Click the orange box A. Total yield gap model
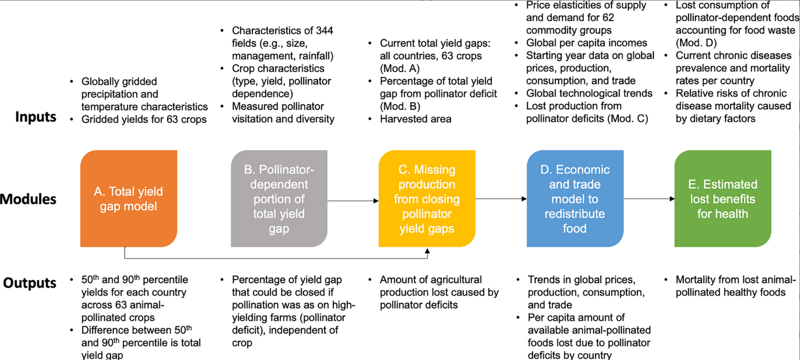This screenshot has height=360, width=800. [x=128, y=198]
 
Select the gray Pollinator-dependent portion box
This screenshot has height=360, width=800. [x=279, y=198]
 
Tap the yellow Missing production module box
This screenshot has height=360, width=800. [x=427, y=198]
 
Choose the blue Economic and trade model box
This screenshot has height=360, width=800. [x=575, y=198]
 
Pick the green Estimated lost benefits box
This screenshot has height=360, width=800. [x=723, y=198]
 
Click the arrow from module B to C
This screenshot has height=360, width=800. [x=353, y=200]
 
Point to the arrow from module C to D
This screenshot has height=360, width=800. [x=501, y=198]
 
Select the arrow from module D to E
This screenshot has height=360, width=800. [x=649, y=198]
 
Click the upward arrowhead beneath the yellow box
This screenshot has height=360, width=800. [x=427, y=251]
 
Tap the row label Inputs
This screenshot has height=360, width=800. [x=35, y=117]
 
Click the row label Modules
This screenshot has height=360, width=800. [x=28, y=199]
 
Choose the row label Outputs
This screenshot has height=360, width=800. [x=29, y=283]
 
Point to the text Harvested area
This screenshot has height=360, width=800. [x=415, y=119]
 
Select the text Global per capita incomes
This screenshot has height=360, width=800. [x=586, y=43]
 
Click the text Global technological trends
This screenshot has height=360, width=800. [x=589, y=93]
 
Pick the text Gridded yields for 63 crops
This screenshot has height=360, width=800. [x=144, y=119]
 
